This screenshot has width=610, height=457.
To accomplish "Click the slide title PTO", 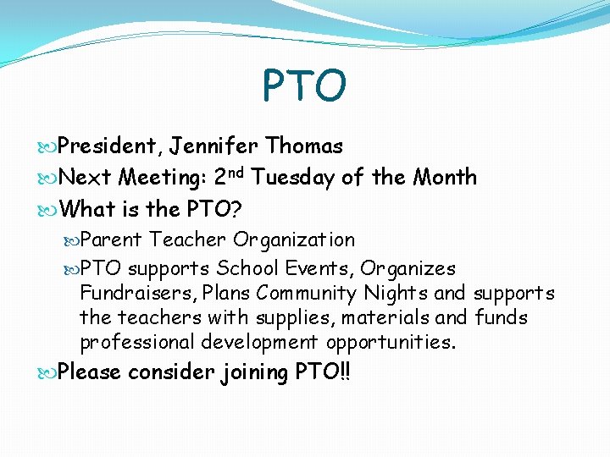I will pos(304,85).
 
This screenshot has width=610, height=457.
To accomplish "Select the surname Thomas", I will pos(304,146).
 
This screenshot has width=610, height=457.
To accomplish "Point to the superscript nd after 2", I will pos(236,172).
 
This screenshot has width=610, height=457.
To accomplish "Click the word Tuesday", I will pos(293,178).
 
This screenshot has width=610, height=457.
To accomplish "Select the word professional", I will pos(137,343).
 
